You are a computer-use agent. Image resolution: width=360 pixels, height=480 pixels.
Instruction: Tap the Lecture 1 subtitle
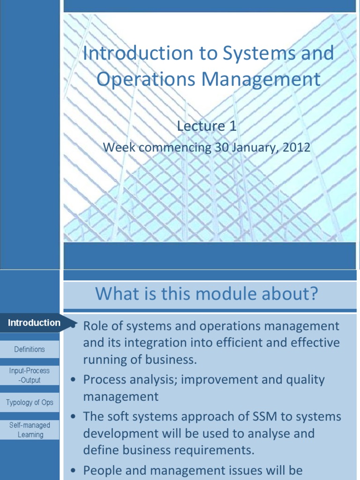coord(206,126)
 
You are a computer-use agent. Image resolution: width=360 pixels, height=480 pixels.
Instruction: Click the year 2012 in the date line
coord(296,147)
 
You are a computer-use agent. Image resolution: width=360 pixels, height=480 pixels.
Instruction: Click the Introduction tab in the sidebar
coord(34,322)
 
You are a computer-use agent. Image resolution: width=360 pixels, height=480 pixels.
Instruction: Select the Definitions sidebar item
coord(30,349)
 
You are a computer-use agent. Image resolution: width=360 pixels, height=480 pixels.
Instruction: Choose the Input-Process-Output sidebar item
coord(30,375)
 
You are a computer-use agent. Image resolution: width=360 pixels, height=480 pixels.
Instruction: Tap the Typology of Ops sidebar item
coord(30,402)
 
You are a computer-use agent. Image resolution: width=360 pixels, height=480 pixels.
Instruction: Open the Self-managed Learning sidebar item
coord(30,430)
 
